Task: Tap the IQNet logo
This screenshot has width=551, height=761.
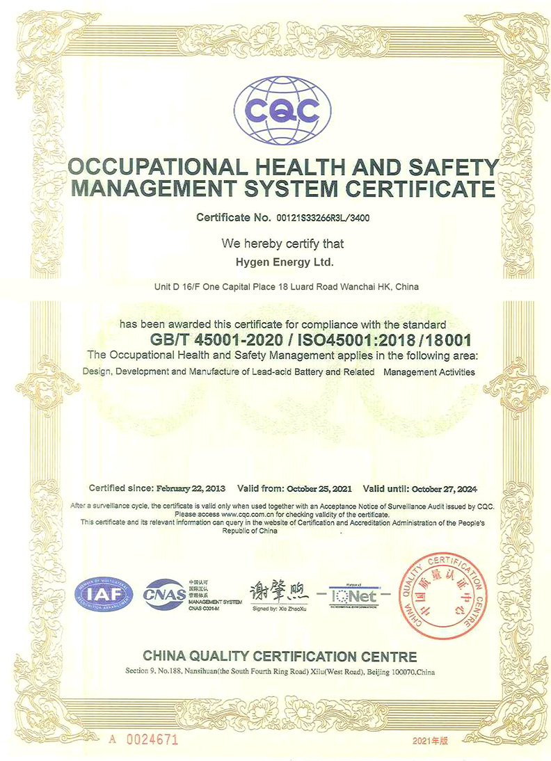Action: [x=354, y=597]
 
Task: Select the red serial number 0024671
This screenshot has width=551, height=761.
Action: [x=152, y=739]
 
